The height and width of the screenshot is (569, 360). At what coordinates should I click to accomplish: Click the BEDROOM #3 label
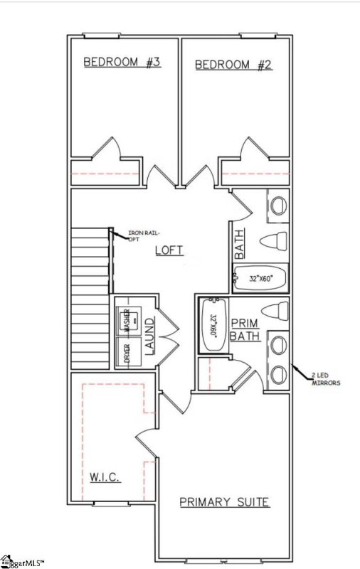coord(122,63)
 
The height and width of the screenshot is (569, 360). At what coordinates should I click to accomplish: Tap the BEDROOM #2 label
coord(233,65)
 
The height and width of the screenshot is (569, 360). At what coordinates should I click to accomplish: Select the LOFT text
coord(169,250)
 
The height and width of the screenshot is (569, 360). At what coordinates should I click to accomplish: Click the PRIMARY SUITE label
coord(224,502)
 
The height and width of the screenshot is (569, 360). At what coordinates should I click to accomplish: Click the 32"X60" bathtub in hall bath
coord(259,278)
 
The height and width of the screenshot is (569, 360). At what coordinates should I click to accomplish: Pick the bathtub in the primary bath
coord(211,324)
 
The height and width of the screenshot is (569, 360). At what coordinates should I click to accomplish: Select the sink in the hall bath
coord(277,205)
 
